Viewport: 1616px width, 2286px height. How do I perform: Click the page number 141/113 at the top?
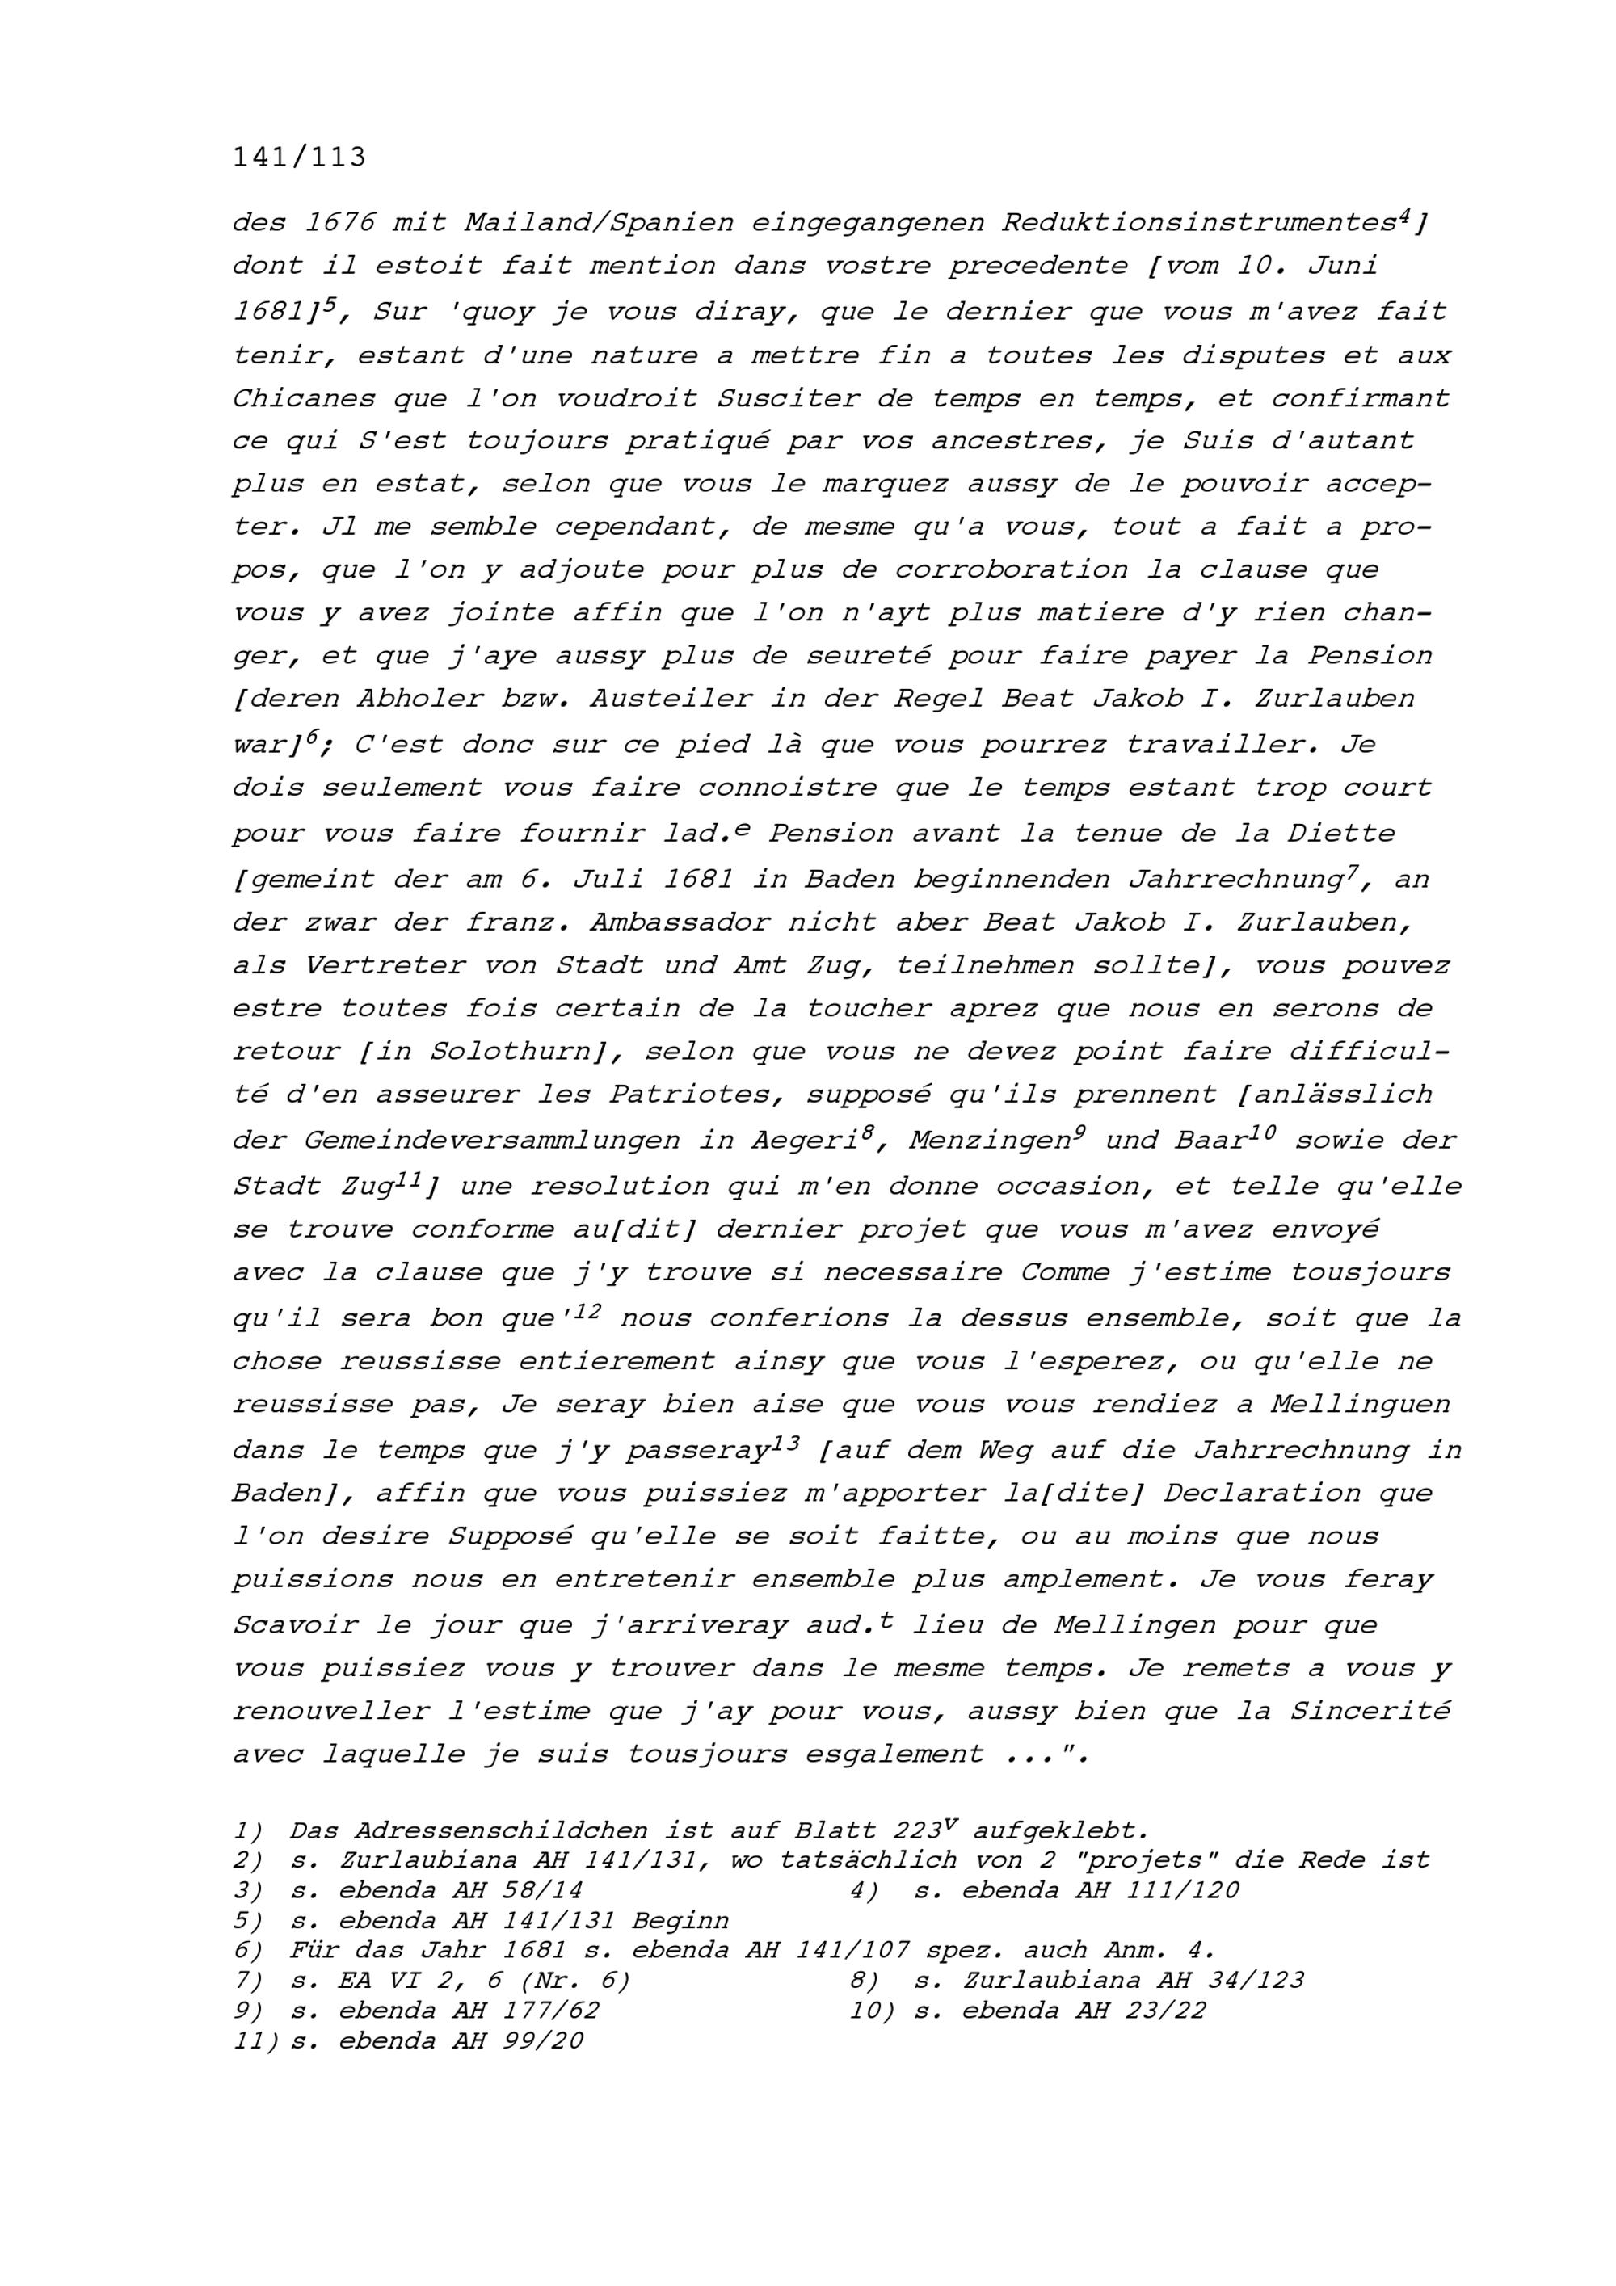pos(299,158)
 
